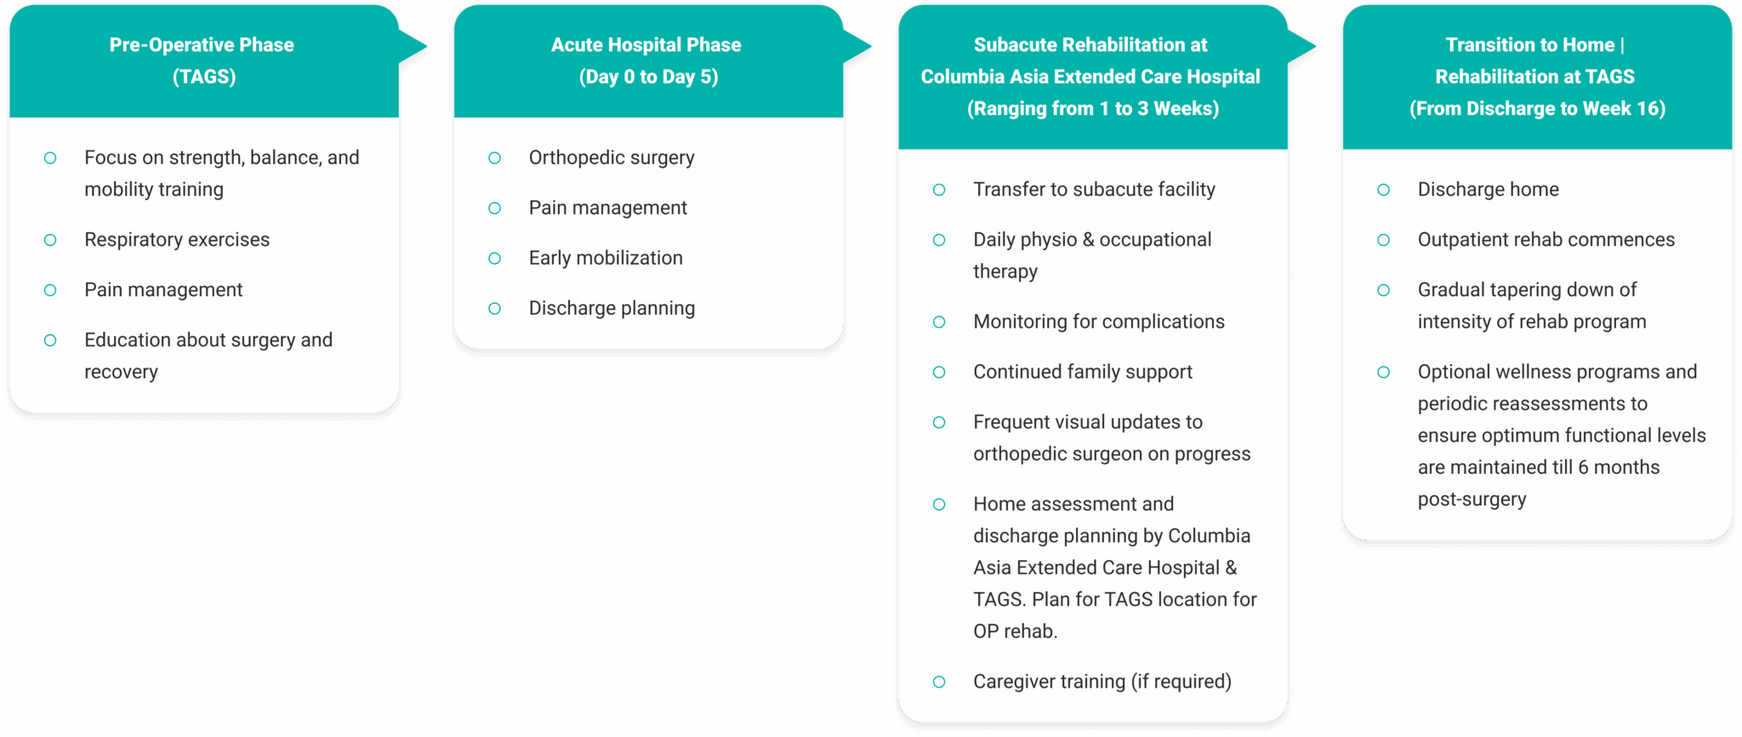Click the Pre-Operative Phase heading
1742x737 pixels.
(x=202, y=45)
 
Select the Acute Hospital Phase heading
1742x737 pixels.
(x=646, y=45)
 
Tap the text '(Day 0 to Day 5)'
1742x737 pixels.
(x=648, y=77)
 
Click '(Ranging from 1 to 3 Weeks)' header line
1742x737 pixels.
(x=1092, y=109)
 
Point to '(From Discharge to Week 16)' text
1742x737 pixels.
(x=1537, y=109)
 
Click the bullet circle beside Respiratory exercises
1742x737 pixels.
(x=50, y=240)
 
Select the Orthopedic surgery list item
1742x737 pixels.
(x=612, y=157)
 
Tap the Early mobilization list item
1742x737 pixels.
(x=606, y=258)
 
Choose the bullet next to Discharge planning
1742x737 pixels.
(x=494, y=308)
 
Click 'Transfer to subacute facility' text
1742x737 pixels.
(x=1094, y=189)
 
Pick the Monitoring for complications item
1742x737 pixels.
(x=1099, y=322)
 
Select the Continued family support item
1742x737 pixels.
(x=1083, y=372)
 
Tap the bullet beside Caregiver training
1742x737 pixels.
(x=939, y=682)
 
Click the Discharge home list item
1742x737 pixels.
(x=1488, y=189)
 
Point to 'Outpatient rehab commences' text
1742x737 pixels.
(x=1546, y=240)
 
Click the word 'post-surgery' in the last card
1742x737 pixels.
(x=1472, y=500)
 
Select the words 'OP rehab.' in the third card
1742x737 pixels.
(x=1016, y=631)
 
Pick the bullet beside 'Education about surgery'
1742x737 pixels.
(x=50, y=340)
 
